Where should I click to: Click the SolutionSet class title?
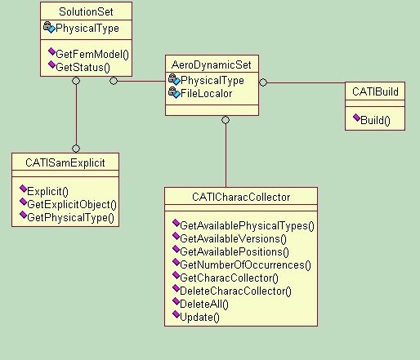point(86,11)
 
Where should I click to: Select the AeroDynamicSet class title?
point(212,64)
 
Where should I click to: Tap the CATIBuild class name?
point(375,91)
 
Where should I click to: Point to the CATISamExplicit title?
point(65,162)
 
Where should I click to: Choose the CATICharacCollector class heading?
point(241,197)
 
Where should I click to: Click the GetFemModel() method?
point(92,54)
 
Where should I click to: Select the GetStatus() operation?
point(83,67)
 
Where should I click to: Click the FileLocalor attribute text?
point(206,94)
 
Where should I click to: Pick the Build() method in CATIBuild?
point(375,120)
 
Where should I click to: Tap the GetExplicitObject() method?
point(72,204)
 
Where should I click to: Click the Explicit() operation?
point(47,191)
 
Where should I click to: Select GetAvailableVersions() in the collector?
point(233,238)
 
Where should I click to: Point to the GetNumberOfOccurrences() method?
point(245,264)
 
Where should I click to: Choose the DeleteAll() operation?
point(204,304)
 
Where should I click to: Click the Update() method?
point(199,317)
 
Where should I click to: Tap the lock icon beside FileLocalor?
point(172,91)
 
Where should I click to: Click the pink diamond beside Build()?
point(356,118)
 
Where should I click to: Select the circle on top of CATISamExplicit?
point(76,149)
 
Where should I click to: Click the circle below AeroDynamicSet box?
point(226,120)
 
